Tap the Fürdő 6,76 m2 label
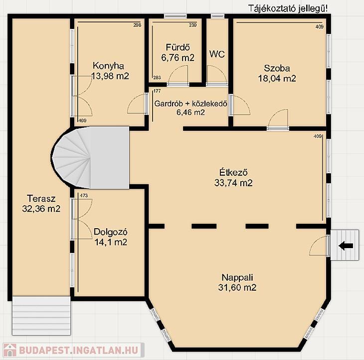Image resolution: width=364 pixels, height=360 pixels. point(178,52)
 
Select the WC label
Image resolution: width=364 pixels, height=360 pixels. point(217,54)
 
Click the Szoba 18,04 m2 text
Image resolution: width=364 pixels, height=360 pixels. point(277,73)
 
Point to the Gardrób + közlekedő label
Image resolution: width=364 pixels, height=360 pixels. point(190,103)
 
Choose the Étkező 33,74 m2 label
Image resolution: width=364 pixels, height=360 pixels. point(233,178)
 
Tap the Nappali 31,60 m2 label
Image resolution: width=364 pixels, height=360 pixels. point(237,283)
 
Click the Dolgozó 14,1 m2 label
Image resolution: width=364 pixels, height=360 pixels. point(111,237)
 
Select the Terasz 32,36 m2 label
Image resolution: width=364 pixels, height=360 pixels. point(41,204)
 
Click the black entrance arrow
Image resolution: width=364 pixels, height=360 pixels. point(346,246)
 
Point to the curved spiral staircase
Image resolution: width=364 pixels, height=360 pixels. point(90,157)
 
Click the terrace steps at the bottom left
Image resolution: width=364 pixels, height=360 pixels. point(41,316)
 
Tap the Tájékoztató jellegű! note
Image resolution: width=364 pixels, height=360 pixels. point(288,8)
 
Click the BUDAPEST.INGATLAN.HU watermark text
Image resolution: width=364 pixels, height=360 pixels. point(79,350)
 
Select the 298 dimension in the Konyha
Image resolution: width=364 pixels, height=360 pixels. point(137,25)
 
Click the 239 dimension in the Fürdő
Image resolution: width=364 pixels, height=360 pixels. point(192,25)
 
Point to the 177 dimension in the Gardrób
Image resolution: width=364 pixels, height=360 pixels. point(157,91)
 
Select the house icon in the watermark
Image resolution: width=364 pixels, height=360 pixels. point(9,350)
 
